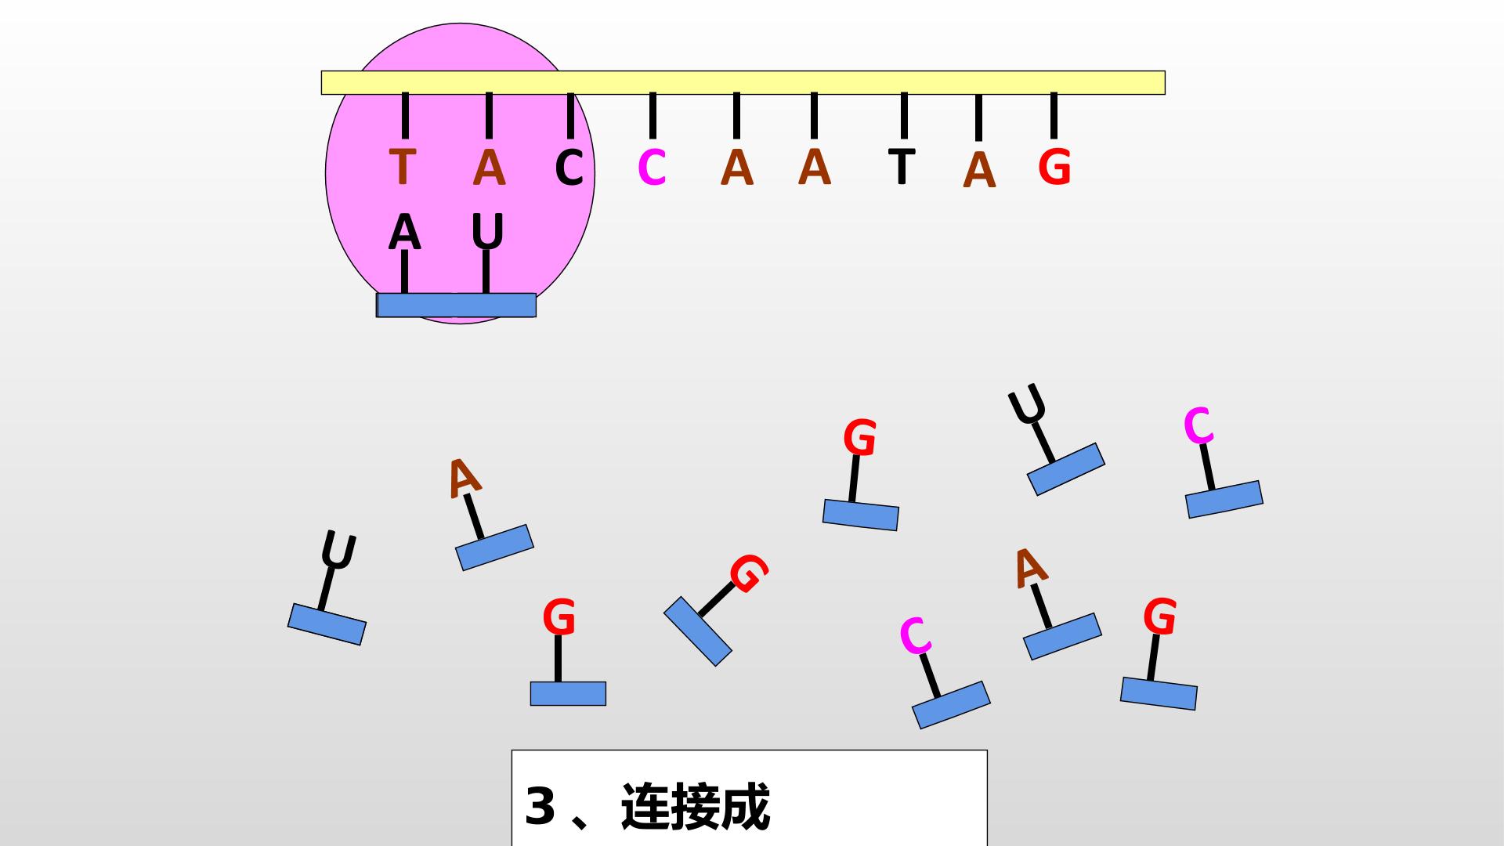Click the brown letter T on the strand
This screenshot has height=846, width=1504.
coord(402,167)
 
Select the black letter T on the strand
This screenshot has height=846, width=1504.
coord(902,166)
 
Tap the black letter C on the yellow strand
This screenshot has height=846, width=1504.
coord(569,168)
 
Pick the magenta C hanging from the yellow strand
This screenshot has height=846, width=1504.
coord(652,168)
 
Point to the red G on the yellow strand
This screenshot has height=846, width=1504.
coord(1054,168)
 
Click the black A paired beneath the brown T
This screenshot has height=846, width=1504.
coord(404,233)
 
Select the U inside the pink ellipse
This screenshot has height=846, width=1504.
coord(487,233)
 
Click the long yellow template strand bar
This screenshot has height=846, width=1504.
coord(743,82)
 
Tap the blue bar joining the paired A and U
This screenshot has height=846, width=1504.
coord(456,305)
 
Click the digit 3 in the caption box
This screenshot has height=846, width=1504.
coord(540,805)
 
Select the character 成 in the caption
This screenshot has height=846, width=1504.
coord(746,806)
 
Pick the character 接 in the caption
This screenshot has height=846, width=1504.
coord(696,806)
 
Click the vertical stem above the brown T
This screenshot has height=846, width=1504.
coord(405,115)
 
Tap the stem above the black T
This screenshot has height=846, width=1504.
coord(904,115)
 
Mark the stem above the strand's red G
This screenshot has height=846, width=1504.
coord(1054,115)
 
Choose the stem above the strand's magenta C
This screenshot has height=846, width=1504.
coord(653,115)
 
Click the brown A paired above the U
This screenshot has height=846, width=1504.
coord(489,167)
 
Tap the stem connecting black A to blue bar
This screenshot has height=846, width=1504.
coord(404,272)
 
